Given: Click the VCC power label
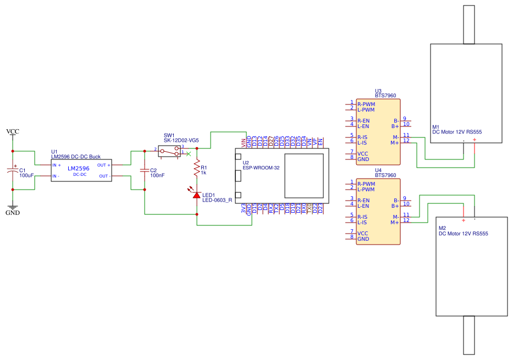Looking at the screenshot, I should (x=12, y=131).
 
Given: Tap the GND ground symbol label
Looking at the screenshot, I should (x=12, y=213).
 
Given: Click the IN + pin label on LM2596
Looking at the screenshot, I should (x=57, y=165).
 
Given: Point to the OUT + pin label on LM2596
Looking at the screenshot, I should (x=104, y=165).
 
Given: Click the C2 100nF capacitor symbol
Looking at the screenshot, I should (x=144, y=170).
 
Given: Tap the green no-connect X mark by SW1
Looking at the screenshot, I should (x=189, y=153).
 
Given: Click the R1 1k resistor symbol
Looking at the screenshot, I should (x=197, y=169).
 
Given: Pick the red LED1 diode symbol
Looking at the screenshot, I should (x=197, y=195).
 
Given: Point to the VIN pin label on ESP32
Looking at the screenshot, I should (x=243, y=143).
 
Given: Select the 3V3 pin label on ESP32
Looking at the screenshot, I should (x=243, y=208).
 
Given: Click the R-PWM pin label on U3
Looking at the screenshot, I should (x=366, y=104).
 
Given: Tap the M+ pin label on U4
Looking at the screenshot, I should (x=394, y=223).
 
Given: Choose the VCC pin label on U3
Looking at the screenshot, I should (x=363, y=154).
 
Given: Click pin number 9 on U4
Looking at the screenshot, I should (x=405, y=198).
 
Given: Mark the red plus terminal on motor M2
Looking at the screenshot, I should (x=463, y=220).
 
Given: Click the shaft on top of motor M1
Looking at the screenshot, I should (x=468, y=25).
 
